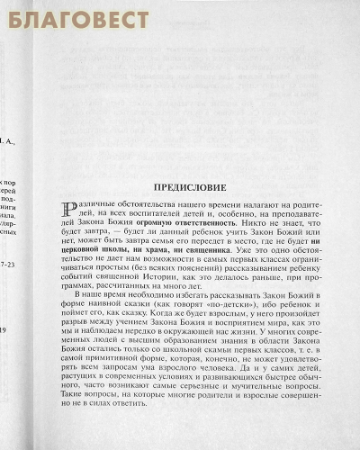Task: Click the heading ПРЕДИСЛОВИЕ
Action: (x=199, y=190)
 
